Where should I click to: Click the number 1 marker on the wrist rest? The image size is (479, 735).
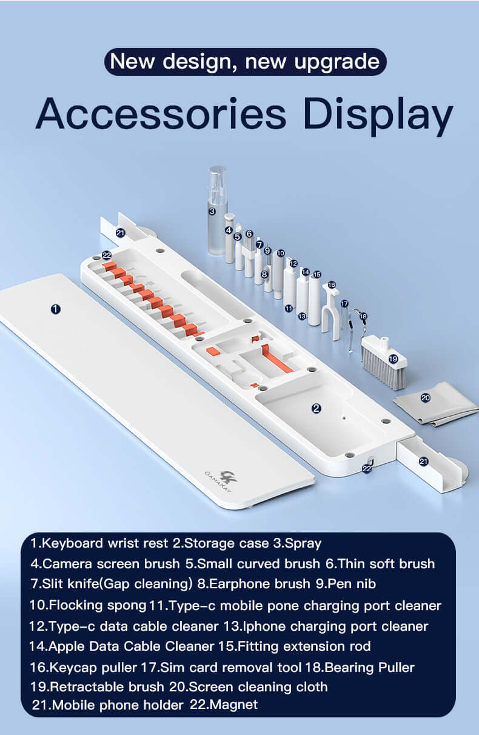pos(56,309)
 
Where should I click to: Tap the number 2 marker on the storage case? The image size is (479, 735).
pos(316,409)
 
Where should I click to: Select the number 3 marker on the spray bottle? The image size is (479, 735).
pos(212,212)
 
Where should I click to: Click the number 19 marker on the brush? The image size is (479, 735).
pos(393,359)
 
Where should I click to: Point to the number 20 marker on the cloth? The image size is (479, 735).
pos(425,398)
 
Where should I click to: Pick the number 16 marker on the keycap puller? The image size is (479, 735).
pos(332,284)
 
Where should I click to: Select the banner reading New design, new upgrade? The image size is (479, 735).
pos(245,62)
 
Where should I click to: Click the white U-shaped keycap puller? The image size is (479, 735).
pos(330,312)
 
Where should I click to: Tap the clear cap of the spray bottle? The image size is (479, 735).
pos(216,182)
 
